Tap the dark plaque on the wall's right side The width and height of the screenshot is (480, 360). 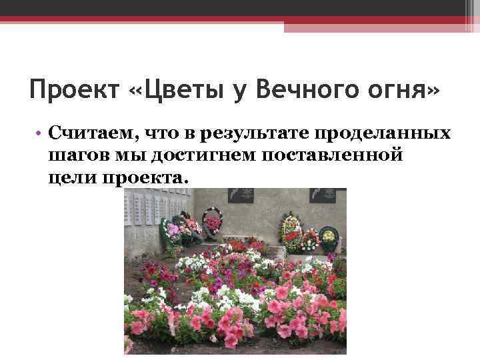pyautogui.click(x=328, y=195)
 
